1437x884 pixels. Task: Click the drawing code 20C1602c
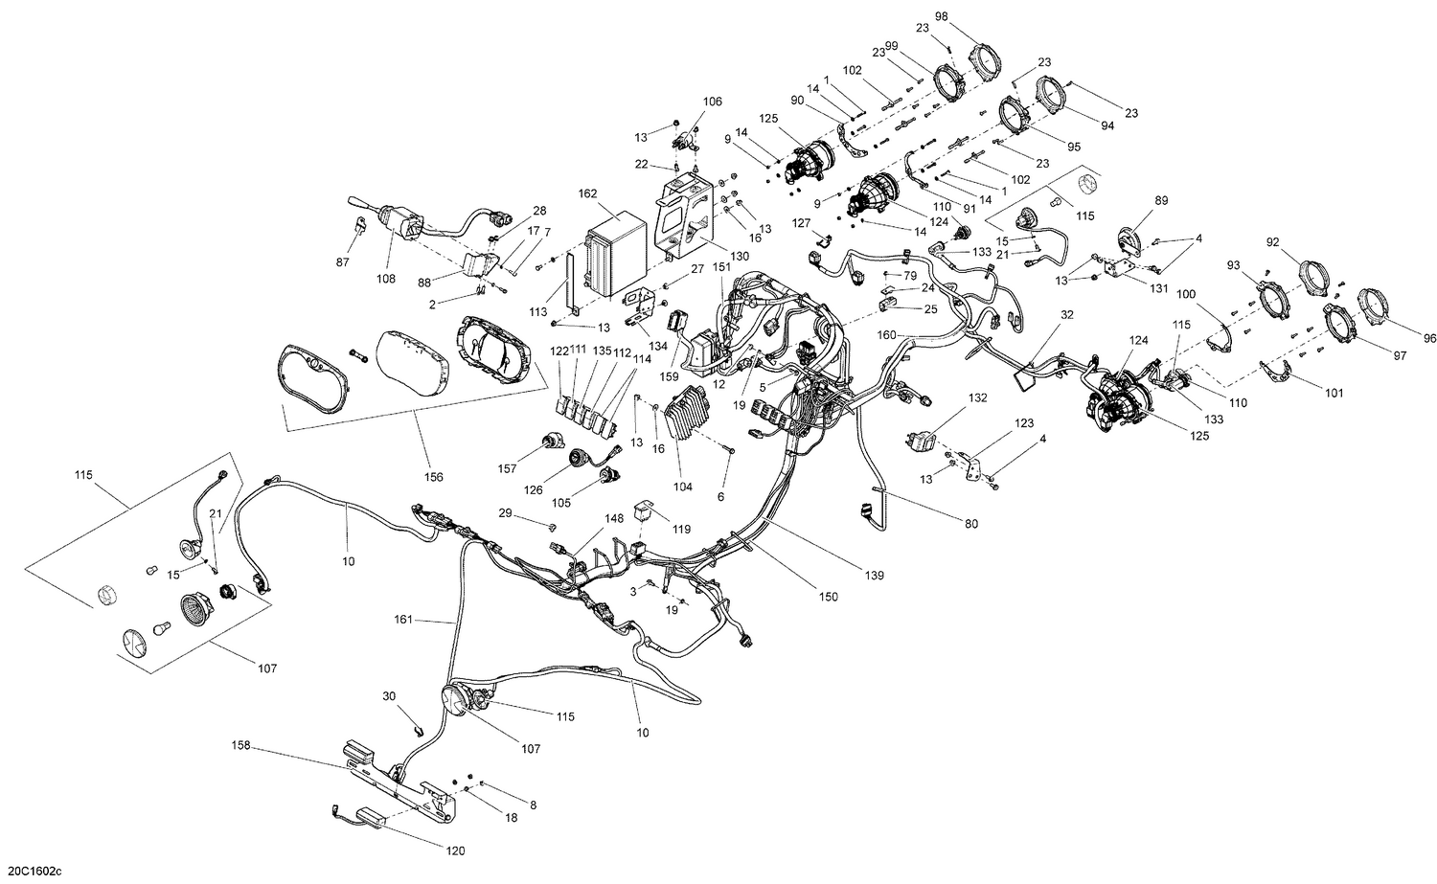(32, 870)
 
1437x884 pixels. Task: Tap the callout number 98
(942, 17)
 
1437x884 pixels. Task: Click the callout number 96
(1430, 337)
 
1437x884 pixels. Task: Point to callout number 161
(403, 620)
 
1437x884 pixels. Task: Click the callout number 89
(1161, 200)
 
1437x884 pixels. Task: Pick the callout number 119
(681, 528)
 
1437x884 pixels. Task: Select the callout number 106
(712, 102)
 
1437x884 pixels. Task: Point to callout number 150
(828, 597)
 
